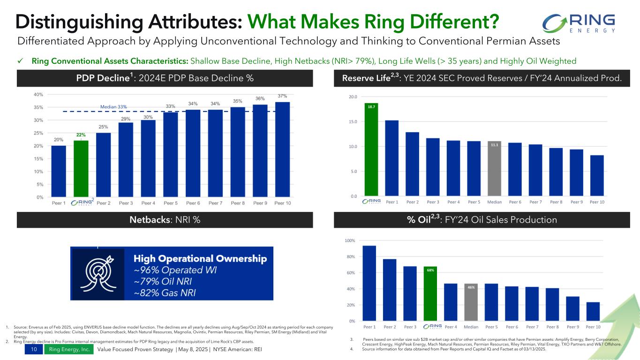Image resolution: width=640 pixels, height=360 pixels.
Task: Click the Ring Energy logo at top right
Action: click(x=578, y=23)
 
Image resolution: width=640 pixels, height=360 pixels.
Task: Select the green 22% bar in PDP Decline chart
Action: click(x=81, y=168)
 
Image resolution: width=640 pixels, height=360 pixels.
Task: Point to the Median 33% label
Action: click(x=114, y=106)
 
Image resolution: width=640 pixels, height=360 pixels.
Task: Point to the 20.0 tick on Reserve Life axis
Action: click(x=353, y=97)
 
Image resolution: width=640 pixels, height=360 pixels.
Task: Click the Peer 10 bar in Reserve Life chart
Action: click(x=596, y=175)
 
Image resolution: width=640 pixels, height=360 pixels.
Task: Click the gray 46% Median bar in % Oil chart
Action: click(x=471, y=302)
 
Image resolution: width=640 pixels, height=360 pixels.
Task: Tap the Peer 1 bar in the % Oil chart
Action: click(x=369, y=283)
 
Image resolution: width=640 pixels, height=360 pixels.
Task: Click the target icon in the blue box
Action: click(x=98, y=274)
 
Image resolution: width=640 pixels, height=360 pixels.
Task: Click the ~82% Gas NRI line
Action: click(x=165, y=293)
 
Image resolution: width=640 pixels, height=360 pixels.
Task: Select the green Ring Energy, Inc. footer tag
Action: click(x=69, y=350)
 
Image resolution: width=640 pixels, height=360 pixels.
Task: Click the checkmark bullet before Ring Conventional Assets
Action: click(x=21, y=61)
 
